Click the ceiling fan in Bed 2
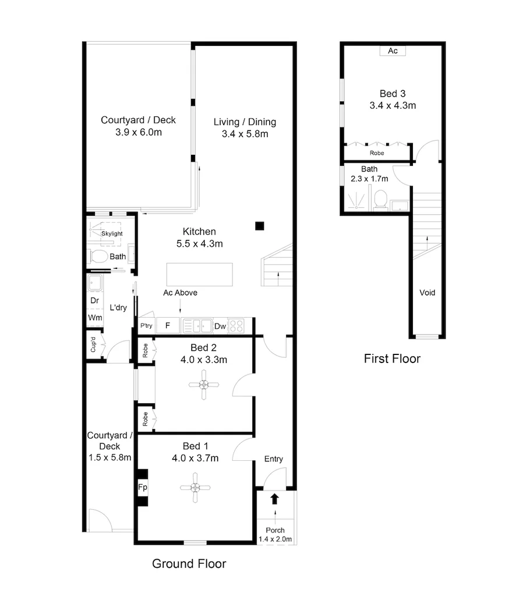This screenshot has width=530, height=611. pos(204,385)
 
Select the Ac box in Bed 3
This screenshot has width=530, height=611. pos(393,51)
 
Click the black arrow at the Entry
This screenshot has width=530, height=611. pos(275,498)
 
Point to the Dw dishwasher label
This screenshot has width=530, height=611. pos(220,326)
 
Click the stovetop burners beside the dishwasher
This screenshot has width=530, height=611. pos(236,326)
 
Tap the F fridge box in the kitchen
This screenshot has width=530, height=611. pos(168,326)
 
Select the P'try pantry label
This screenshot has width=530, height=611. pos(146,326)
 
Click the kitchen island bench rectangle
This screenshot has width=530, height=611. pos(199,273)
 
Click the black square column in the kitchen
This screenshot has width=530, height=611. pos(260,226)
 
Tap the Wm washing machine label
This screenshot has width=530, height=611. pos(94,318)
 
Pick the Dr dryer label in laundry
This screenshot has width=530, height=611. pos(94,301)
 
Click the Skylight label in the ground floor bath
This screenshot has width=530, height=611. pos(111,233)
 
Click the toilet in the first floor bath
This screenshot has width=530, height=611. pos(380,200)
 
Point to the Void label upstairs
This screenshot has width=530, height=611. pos(427,293)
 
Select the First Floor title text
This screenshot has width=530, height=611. pos(392,358)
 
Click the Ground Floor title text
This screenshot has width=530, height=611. pos(189,563)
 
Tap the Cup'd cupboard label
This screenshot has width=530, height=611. pos(93,346)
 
